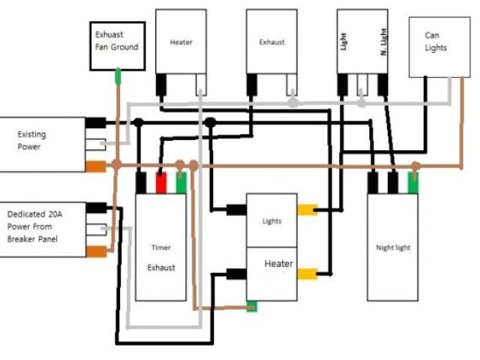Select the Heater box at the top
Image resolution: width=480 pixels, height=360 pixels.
tap(181, 42)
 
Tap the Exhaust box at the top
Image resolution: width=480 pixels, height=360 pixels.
tap(271, 42)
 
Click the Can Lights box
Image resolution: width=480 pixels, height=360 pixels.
tap(435, 43)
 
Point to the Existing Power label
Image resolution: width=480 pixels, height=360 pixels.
tap(31, 141)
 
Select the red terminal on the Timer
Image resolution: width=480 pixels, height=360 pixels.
tap(160, 183)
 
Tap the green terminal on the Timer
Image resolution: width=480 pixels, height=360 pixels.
tap(181, 183)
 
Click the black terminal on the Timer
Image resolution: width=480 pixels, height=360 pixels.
tap(141, 183)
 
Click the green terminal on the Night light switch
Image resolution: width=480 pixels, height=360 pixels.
tap(412, 182)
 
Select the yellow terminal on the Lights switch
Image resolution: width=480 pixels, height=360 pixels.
tap(307, 211)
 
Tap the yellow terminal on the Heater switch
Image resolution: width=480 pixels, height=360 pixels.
tap(307, 274)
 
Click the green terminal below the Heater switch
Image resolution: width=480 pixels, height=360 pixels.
tap(253, 306)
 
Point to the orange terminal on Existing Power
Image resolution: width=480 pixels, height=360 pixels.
tap(95, 166)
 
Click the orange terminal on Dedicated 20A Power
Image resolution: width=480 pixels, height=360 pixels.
tap(95, 250)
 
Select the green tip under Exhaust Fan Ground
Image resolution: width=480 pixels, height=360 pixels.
tap(117, 76)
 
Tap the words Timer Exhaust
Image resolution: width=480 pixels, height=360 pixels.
tap(161, 257)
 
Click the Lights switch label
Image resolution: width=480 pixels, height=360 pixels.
tap(271, 221)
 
